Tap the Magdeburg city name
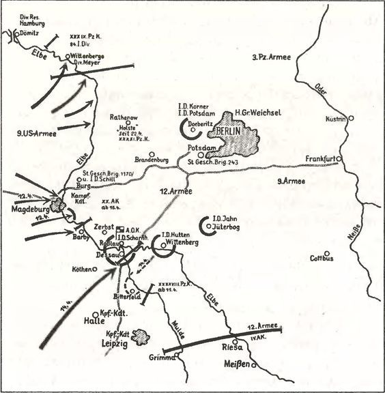[27, 210]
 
